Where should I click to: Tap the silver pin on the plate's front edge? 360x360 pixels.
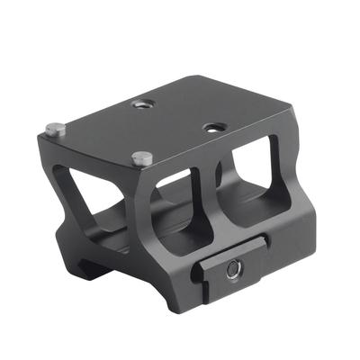click(139, 158)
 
